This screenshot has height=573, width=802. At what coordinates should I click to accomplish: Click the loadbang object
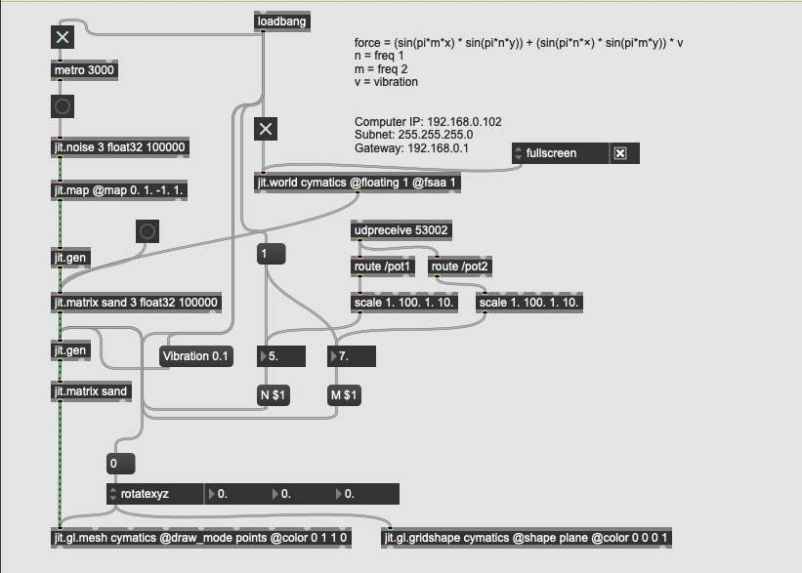(x=281, y=21)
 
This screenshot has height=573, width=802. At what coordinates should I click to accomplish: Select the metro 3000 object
(x=84, y=70)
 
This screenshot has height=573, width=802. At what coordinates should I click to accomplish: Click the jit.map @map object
(x=119, y=191)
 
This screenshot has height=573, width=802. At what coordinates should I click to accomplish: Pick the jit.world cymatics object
(x=358, y=183)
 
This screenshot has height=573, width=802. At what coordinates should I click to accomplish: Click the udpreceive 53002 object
(x=401, y=230)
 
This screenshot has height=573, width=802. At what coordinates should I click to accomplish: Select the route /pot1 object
(x=382, y=266)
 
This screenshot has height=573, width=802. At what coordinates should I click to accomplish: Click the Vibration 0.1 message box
(x=195, y=356)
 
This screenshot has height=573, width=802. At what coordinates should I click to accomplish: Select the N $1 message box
(x=273, y=395)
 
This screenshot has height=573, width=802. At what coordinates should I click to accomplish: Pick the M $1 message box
(x=344, y=395)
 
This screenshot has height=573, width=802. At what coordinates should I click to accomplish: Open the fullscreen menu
(x=558, y=153)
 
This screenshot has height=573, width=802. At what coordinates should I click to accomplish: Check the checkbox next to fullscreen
(x=619, y=153)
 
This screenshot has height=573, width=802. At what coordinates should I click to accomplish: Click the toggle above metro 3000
(x=63, y=37)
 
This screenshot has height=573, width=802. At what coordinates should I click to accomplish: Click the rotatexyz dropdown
(x=155, y=494)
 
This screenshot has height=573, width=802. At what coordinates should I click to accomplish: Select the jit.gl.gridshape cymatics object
(x=527, y=538)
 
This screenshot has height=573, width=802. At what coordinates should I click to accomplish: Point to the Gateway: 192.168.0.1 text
(x=411, y=148)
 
